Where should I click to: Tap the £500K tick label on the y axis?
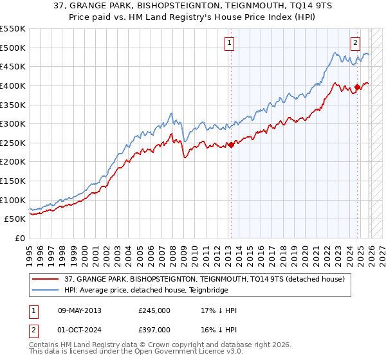point(13,48)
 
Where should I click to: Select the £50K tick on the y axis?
point(15,219)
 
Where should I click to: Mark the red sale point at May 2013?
point(230,145)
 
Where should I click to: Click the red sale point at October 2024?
point(357,87)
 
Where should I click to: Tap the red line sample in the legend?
point(46,279)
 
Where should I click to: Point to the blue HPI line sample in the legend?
point(46,290)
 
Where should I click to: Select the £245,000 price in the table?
point(154,310)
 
